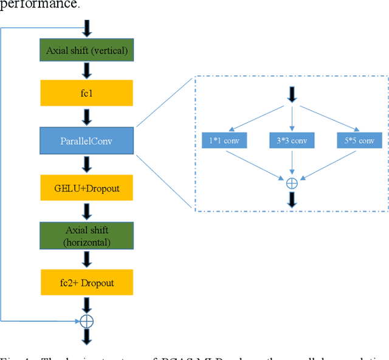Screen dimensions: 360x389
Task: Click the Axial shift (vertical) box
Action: point(86,50)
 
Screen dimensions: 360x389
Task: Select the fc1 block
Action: point(86,93)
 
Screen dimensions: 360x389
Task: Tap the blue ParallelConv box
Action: point(86,141)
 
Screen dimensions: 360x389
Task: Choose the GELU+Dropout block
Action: point(86,188)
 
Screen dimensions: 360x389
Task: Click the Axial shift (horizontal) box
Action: point(86,235)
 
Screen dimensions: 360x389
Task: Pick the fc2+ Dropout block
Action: point(86,283)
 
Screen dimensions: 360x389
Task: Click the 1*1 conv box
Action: point(223,140)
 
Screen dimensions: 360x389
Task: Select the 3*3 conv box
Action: point(292,140)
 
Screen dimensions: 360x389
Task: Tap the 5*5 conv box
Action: point(359,140)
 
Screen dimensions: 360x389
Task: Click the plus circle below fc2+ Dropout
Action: point(86,320)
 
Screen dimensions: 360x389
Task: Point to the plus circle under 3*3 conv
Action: point(292,182)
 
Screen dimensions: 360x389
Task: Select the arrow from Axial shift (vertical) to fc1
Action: point(86,71)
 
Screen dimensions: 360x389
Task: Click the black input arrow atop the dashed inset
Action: point(292,94)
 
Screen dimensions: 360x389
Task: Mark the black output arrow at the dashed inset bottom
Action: point(292,199)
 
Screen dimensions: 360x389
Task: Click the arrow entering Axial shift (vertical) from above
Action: point(86,28)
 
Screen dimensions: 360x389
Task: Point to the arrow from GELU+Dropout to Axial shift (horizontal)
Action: point(86,211)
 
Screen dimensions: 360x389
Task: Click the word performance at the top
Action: point(40,5)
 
